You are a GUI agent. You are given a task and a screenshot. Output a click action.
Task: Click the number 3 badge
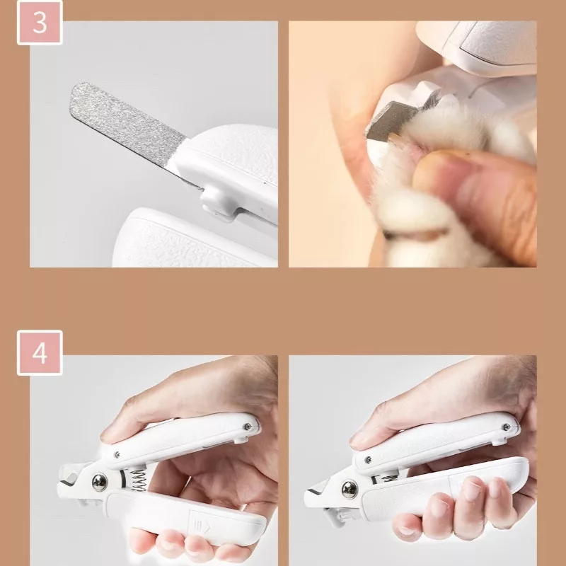point(40,23)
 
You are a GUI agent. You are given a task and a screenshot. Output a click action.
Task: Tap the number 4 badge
point(40,352)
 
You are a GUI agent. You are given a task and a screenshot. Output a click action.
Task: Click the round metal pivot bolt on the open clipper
point(99,482)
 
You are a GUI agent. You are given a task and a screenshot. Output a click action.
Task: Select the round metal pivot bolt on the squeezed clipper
point(350,490)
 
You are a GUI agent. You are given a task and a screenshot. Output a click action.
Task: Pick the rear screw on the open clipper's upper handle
point(248,427)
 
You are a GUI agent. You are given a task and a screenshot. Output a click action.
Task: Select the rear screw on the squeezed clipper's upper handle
point(507,427)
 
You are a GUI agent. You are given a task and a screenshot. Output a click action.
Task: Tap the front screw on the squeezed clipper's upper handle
point(368,460)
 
